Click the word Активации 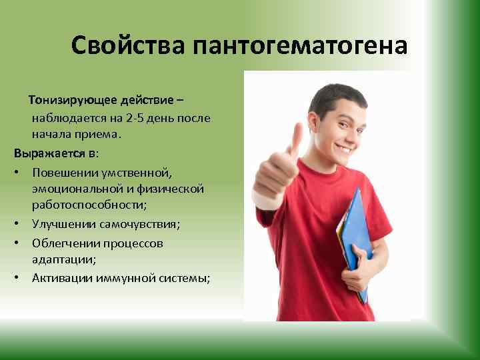pyautogui.click(x=61, y=278)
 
